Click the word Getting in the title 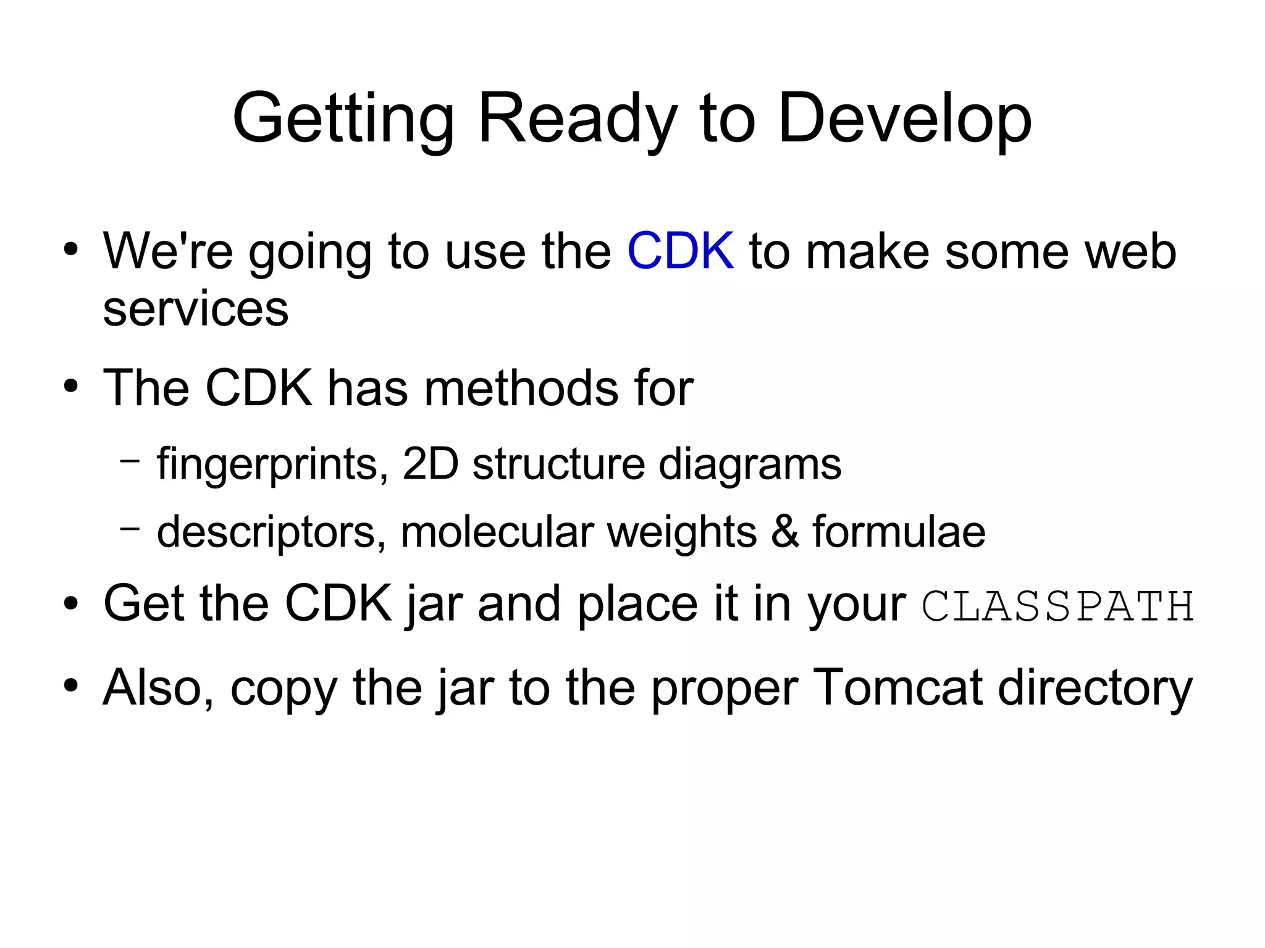[343, 119]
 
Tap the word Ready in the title [578, 119]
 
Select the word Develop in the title [904, 119]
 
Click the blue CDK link [680, 251]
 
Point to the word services [195, 309]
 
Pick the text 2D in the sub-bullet [431, 464]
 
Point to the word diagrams [749, 464]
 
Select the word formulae [899, 531]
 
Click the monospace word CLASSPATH [1057, 606]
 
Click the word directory [1095, 687]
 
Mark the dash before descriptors [129, 528]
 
